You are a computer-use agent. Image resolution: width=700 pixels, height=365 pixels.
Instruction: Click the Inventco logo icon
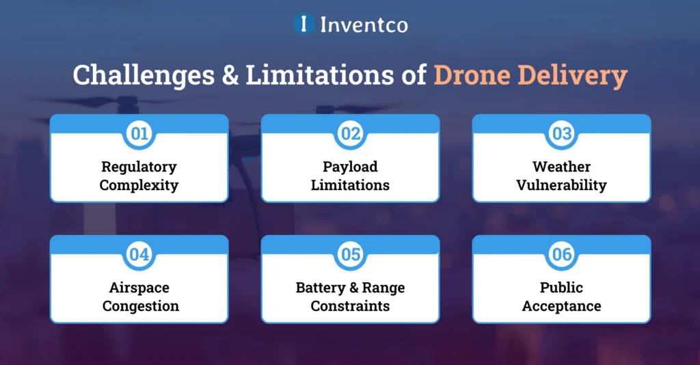click(x=304, y=24)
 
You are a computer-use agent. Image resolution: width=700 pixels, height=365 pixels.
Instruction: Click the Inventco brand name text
click(x=364, y=25)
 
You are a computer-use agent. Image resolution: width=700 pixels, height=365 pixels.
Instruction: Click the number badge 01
click(x=139, y=133)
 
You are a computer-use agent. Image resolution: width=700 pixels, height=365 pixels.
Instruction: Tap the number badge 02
click(x=350, y=133)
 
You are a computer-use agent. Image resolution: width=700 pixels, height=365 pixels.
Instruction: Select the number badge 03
click(x=561, y=133)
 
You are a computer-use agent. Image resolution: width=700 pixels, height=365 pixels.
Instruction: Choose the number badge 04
click(x=139, y=254)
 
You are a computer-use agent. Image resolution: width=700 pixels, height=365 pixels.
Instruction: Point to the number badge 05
click(x=350, y=254)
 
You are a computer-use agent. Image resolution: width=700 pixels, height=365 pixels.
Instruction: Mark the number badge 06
click(x=561, y=254)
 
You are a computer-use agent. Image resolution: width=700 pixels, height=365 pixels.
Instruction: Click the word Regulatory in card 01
click(x=139, y=167)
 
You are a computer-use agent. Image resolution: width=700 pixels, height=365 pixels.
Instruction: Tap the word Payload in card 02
click(x=350, y=167)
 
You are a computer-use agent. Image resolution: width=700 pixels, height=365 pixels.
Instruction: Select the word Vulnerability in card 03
click(x=561, y=185)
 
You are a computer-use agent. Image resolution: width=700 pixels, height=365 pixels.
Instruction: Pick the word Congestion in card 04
click(x=141, y=306)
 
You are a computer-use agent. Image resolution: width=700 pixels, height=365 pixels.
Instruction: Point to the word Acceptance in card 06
click(x=561, y=306)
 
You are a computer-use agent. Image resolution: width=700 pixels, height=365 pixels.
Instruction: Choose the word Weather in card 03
click(x=561, y=167)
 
